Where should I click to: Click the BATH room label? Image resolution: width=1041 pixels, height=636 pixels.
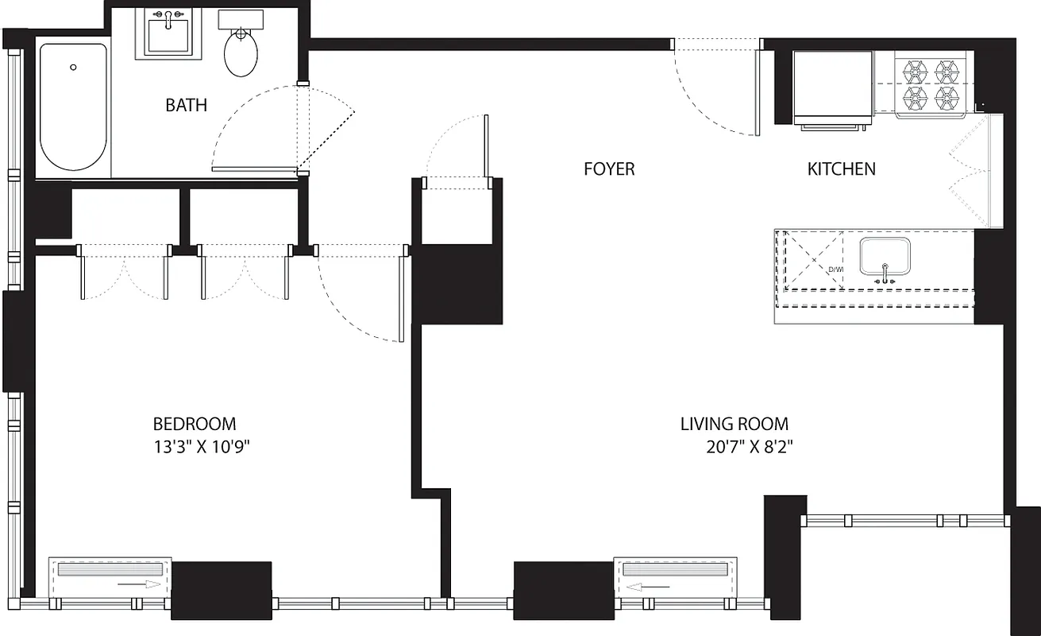coord(187,105)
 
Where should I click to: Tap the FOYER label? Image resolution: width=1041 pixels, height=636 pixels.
coord(609,169)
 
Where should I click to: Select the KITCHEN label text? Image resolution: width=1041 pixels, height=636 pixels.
coord(841,169)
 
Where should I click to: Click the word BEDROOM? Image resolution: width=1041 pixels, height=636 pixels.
coord(195,424)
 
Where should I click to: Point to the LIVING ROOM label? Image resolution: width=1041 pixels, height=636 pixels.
coord(734,424)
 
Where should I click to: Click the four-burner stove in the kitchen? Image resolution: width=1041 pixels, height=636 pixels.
coord(930,86)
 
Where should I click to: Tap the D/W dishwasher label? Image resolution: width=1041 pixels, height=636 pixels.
coord(835,270)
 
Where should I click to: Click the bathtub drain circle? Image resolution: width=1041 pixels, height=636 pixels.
coord(73,67)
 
